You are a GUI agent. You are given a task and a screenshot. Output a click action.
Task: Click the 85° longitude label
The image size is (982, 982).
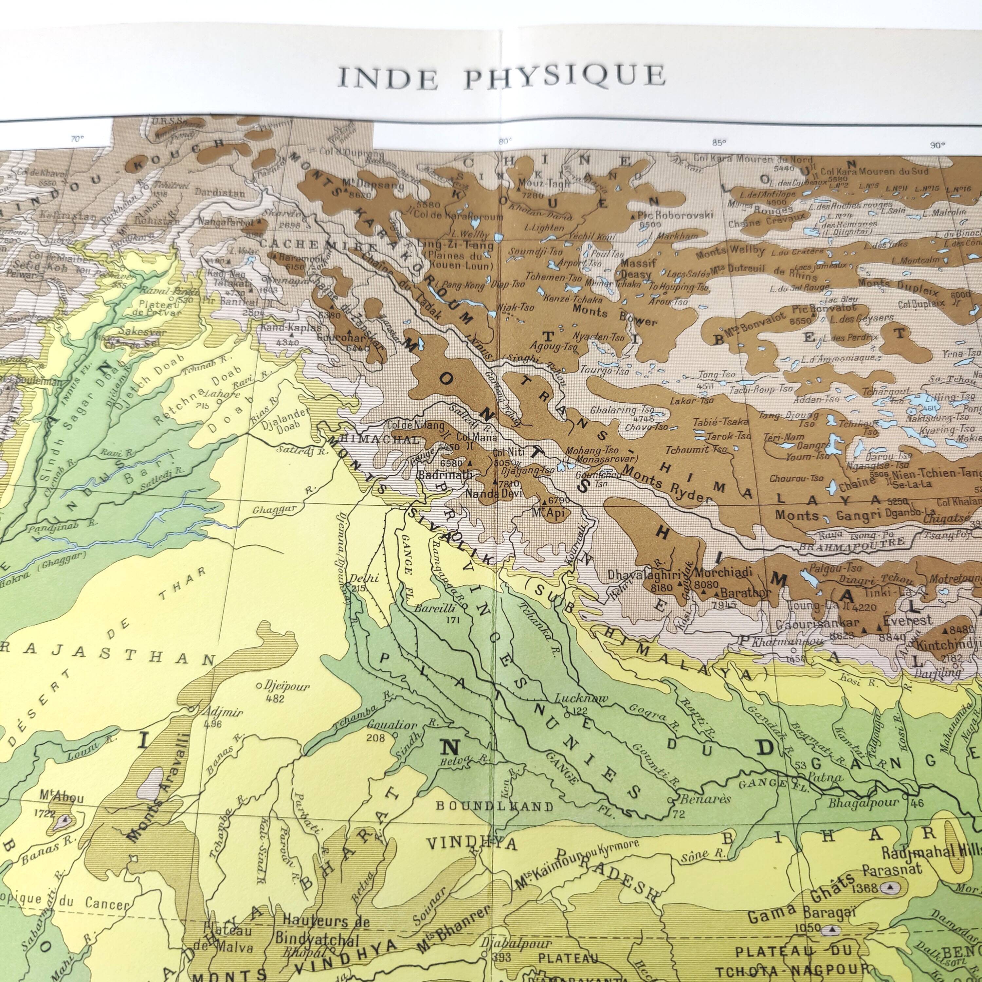pos(719,143)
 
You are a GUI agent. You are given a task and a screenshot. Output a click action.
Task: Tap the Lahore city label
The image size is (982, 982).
pos(216,395)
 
